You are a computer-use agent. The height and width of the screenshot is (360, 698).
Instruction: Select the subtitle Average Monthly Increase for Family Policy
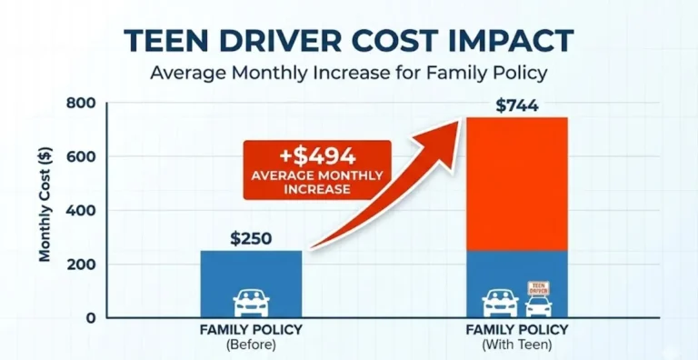tap(349, 75)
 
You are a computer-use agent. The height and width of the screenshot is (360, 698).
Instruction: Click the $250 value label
tap(251, 239)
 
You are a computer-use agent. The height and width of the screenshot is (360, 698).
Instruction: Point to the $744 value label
tap(516, 105)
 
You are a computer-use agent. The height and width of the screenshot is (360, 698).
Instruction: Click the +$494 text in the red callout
tap(318, 156)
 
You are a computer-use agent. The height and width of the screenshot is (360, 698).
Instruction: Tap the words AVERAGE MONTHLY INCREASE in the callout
tap(318, 182)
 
